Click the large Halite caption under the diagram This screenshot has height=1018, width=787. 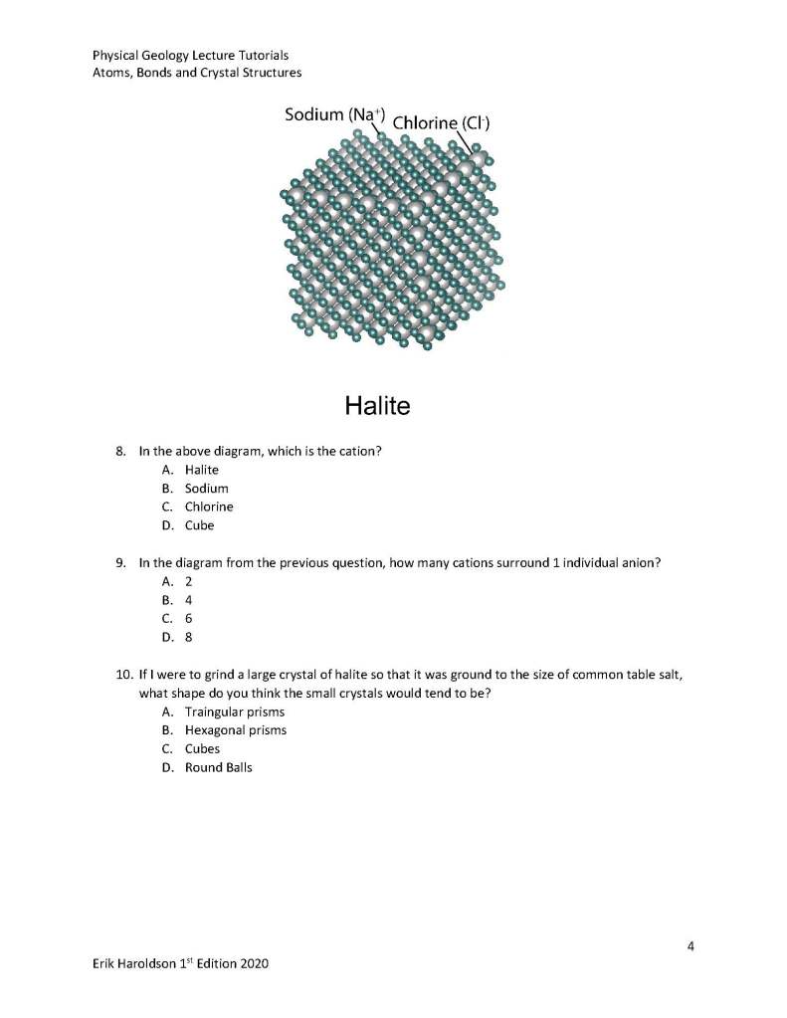[377, 405]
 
